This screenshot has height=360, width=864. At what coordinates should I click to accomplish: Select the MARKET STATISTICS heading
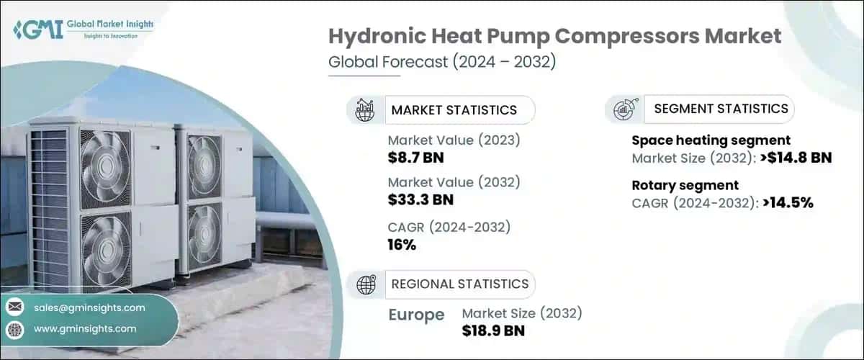point(454,110)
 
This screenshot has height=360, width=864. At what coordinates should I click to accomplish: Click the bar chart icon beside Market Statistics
point(365,110)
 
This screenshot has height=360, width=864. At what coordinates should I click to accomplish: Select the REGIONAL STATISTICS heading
point(459,284)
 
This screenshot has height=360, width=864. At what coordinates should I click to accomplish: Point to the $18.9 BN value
point(493,330)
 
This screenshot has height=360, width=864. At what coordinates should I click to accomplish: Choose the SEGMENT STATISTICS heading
point(721,109)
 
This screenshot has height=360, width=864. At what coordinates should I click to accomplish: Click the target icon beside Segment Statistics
point(622,109)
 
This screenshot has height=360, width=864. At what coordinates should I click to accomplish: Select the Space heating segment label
point(711,140)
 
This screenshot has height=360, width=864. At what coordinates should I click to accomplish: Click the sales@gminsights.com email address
point(89,307)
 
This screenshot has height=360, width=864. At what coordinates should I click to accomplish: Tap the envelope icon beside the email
point(15,307)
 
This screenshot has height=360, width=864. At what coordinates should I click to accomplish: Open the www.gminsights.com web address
point(85,329)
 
